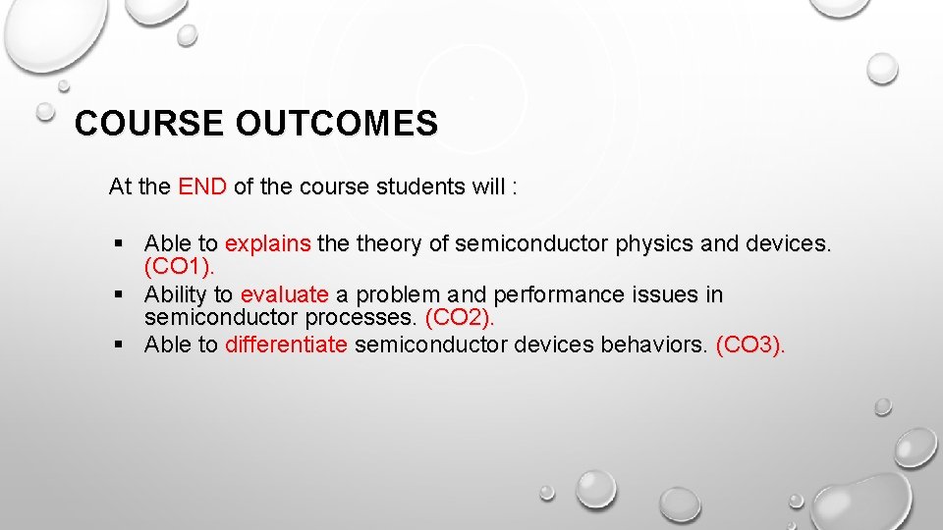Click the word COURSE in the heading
point(150,124)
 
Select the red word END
point(202,186)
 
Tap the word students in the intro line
point(420,186)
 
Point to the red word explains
point(268,243)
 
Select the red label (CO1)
point(179,266)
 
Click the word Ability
point(175,294)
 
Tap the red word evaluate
point(284,294)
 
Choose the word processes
point(361,317)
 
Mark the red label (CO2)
point(460,317)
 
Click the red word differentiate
point(286,344)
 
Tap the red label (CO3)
point(750,344)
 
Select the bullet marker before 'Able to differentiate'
point(119,344)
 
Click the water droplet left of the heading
point(45,113)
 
